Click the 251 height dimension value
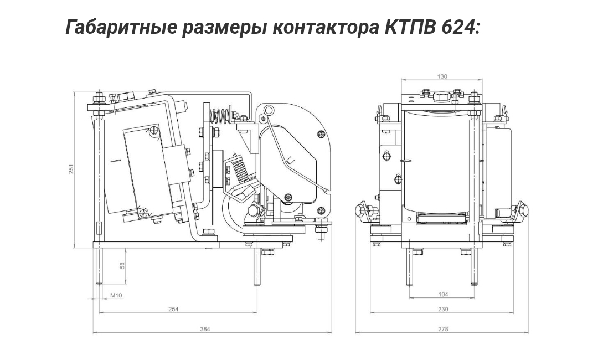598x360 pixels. (x=71, y=169)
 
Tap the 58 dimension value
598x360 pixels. (x=122, y=265)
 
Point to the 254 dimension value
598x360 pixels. (x=173, y=309)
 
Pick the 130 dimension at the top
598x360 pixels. (x=442, y=76)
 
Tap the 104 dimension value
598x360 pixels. (x=443, y=294)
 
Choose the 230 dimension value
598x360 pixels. (x=443, y=309)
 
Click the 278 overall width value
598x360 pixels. (x=443, y=329)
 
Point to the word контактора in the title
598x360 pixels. (x=324, y=28)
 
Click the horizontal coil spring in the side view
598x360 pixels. (x=220, y=116)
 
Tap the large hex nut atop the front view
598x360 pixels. (x=442, y=97)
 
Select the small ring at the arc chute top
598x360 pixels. (x=269, y=111)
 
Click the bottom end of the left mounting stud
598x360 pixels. (x=99, y=283)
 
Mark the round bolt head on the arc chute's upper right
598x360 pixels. (x=321, y=135)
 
